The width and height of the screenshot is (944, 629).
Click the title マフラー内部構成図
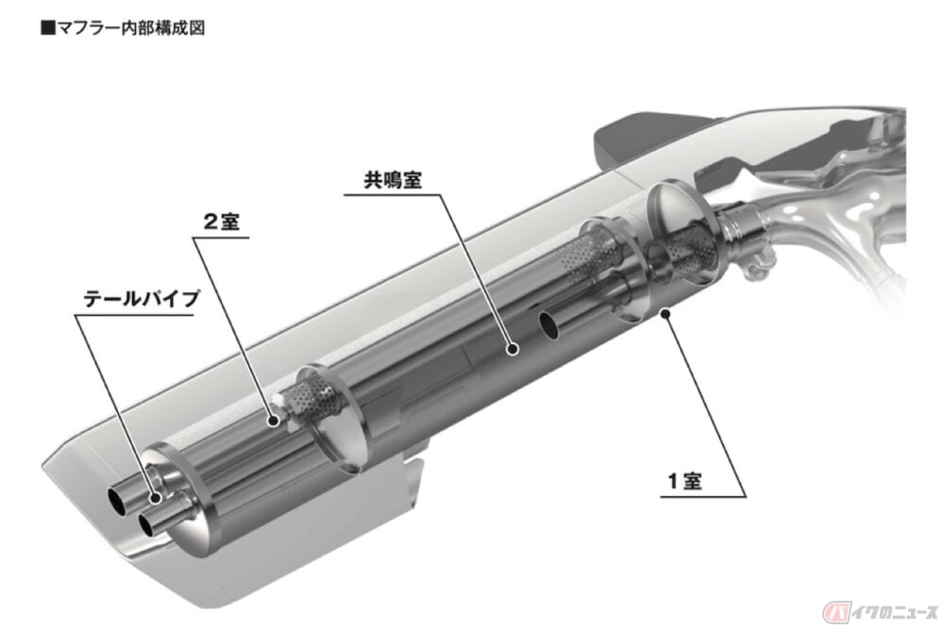click(130, 27)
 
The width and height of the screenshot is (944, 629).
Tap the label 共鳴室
click(393, 180)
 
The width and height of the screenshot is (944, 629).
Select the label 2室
click(222, 222)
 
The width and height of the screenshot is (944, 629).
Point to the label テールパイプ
click(141, 299)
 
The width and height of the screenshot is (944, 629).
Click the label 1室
click(684, 480)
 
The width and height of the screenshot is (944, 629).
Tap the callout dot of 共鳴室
click(513, 348)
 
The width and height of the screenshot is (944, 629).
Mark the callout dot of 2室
click(274, 422)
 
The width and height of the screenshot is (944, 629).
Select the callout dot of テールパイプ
click(156, 497)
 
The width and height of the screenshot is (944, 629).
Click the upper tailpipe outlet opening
click(115, 500)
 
